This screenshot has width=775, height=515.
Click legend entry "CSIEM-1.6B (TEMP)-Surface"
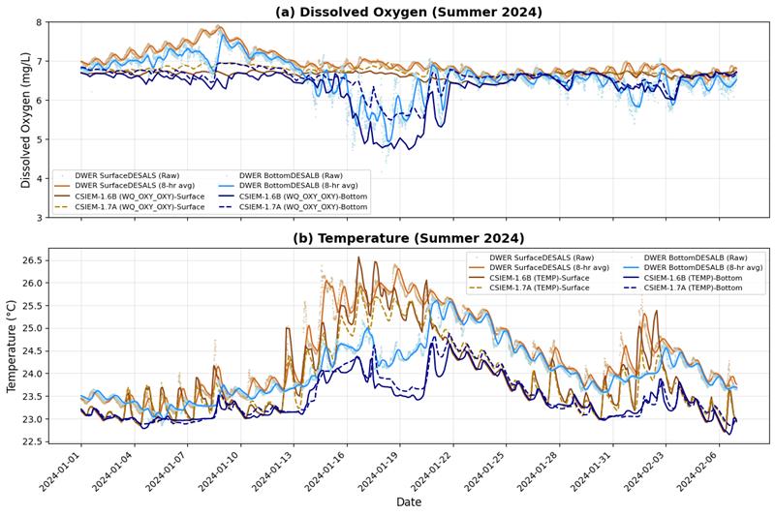(547, 277)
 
